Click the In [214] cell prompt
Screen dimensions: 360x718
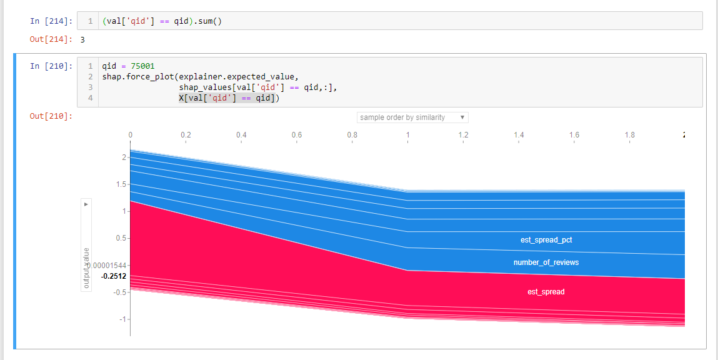(x=51, y=21)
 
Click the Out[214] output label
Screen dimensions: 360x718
(x=51, y=39)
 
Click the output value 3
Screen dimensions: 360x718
(x=82, y=39)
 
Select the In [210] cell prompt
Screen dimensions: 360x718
(x=51, y=66)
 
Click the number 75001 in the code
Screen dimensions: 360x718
(x=142, y=66)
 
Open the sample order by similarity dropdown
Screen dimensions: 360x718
(x=412, y=117)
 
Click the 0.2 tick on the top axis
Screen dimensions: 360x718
(x=186, y=135)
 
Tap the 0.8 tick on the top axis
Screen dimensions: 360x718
(x=352, y=135)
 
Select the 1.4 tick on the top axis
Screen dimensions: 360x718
(x=519, y=135)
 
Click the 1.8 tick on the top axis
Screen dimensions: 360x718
(x=630, y=135)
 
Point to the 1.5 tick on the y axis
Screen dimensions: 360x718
(x=121, y=184)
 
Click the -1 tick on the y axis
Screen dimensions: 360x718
(x=123, y=319)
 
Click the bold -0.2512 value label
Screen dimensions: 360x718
(x=113, y=276)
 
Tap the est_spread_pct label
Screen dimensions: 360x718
(x=546, y=240)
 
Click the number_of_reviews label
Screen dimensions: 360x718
(x=546, y=262)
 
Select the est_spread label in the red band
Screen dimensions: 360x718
(x=546, y=292)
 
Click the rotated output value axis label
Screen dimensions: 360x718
(x=86, y=268)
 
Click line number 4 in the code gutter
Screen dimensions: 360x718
(x=91, y=98)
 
